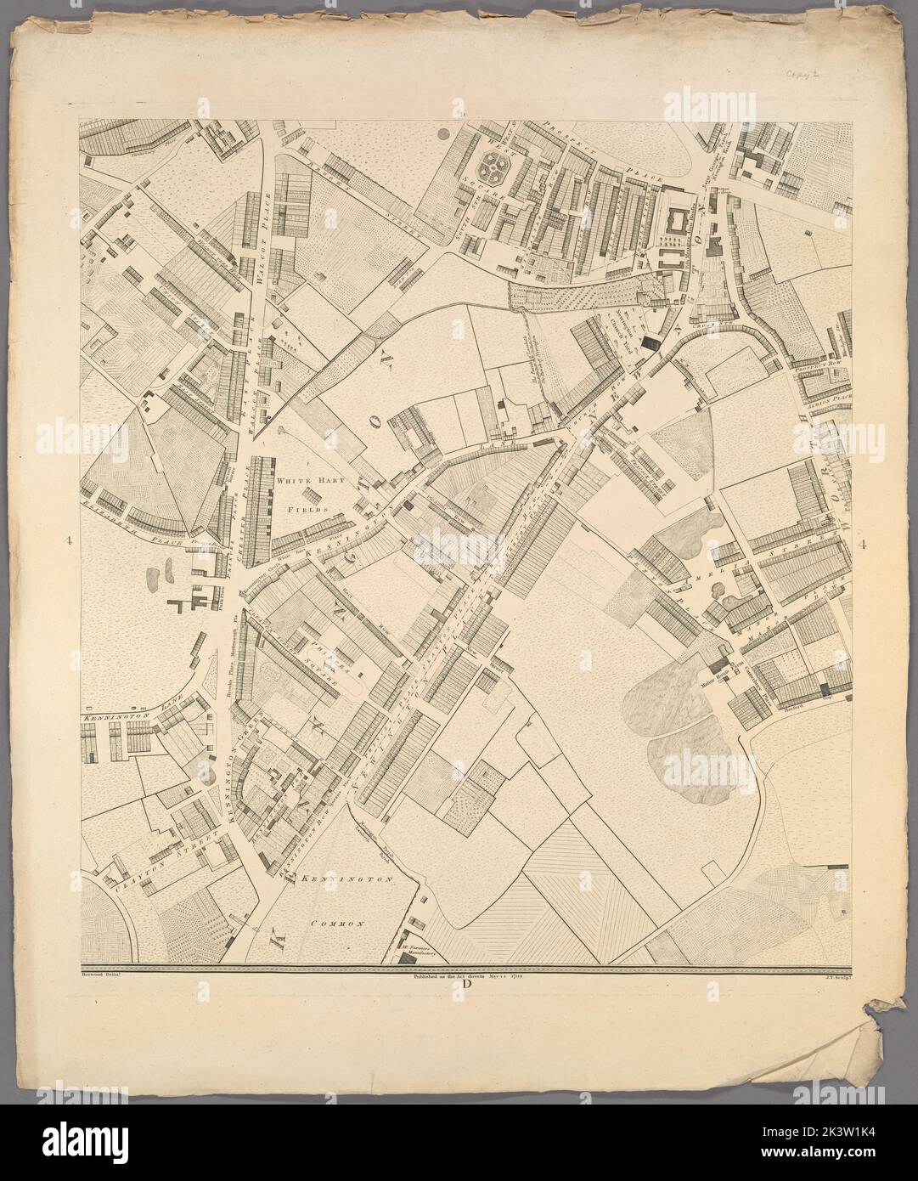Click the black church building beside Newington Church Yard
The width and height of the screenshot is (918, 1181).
(650, 342)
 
